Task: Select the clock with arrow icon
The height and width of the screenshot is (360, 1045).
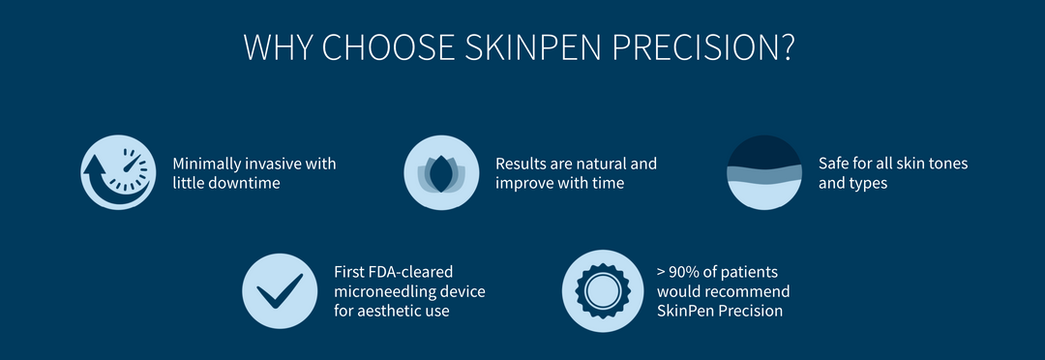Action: pyautogui.click(x=117, y=172)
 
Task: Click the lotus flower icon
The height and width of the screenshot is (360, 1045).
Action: pyautogui.click(x=440, y=172)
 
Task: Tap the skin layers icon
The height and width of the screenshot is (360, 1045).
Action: pyautogui.click(x=763, y=172)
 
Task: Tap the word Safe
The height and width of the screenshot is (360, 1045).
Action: pyautogui.click(x=834, y=164)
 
